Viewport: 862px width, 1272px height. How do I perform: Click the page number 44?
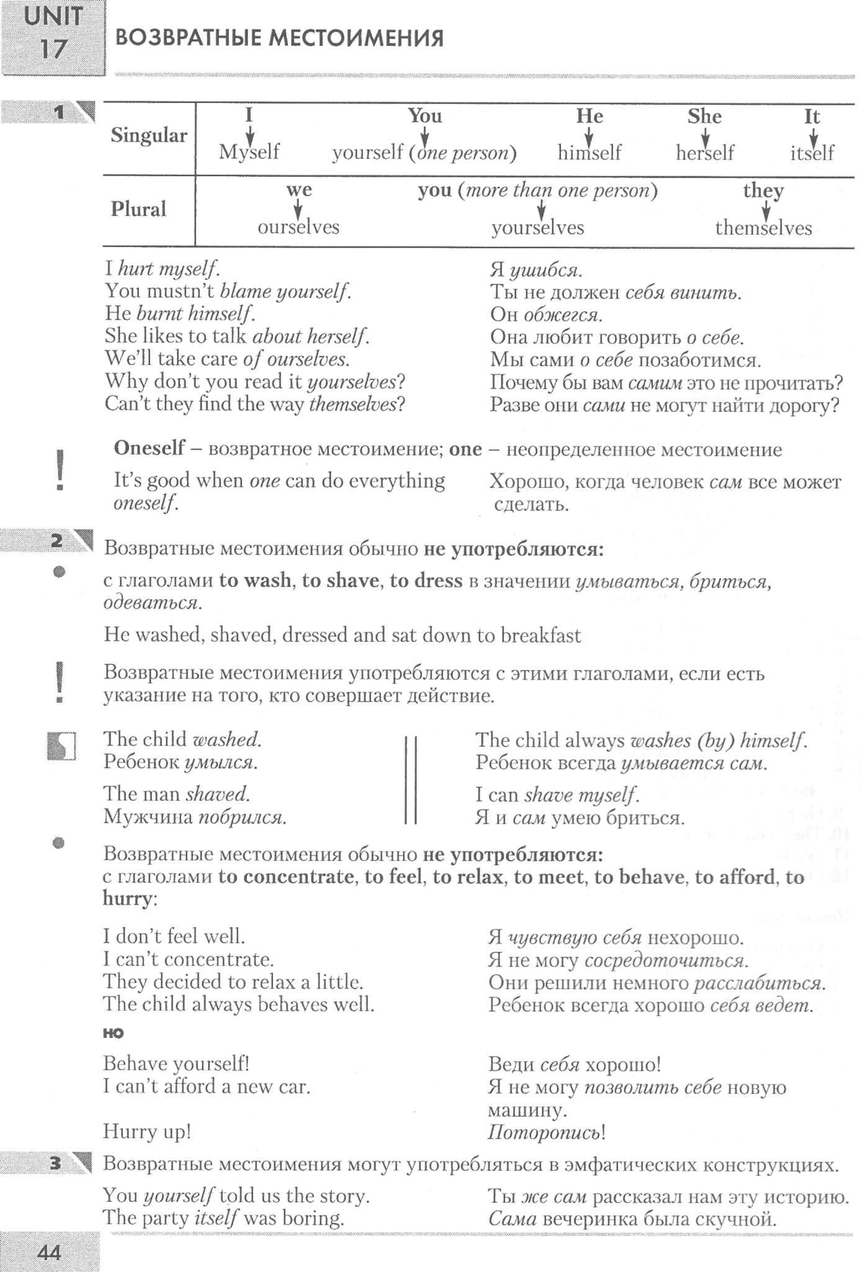click(49, 1252)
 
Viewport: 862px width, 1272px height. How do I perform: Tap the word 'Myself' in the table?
click(249, 152)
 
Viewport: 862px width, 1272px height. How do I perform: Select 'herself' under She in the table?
click(704, 153)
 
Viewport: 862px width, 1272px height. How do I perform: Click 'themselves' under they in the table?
click(763, 228)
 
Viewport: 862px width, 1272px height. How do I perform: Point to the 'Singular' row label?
click(148, 136)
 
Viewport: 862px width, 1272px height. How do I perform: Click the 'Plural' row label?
click(138, 209)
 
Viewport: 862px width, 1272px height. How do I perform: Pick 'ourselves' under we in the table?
click(299, 227)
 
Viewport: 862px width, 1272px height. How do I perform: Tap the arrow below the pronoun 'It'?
click(813, 136)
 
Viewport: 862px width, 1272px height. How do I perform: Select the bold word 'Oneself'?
click(149, 448)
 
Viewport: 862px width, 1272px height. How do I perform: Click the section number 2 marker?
click(56, 541)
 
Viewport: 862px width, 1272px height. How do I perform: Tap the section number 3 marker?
click(55, 1163)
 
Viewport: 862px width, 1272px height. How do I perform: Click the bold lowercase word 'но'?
click(114, 1033)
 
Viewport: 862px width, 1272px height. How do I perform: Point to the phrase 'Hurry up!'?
click(147, 1132)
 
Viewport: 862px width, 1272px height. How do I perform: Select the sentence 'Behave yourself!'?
click(176, 1064)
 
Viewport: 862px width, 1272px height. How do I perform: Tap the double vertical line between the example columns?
click(410, 779)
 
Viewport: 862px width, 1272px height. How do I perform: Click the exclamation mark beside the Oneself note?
click(60, 470)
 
